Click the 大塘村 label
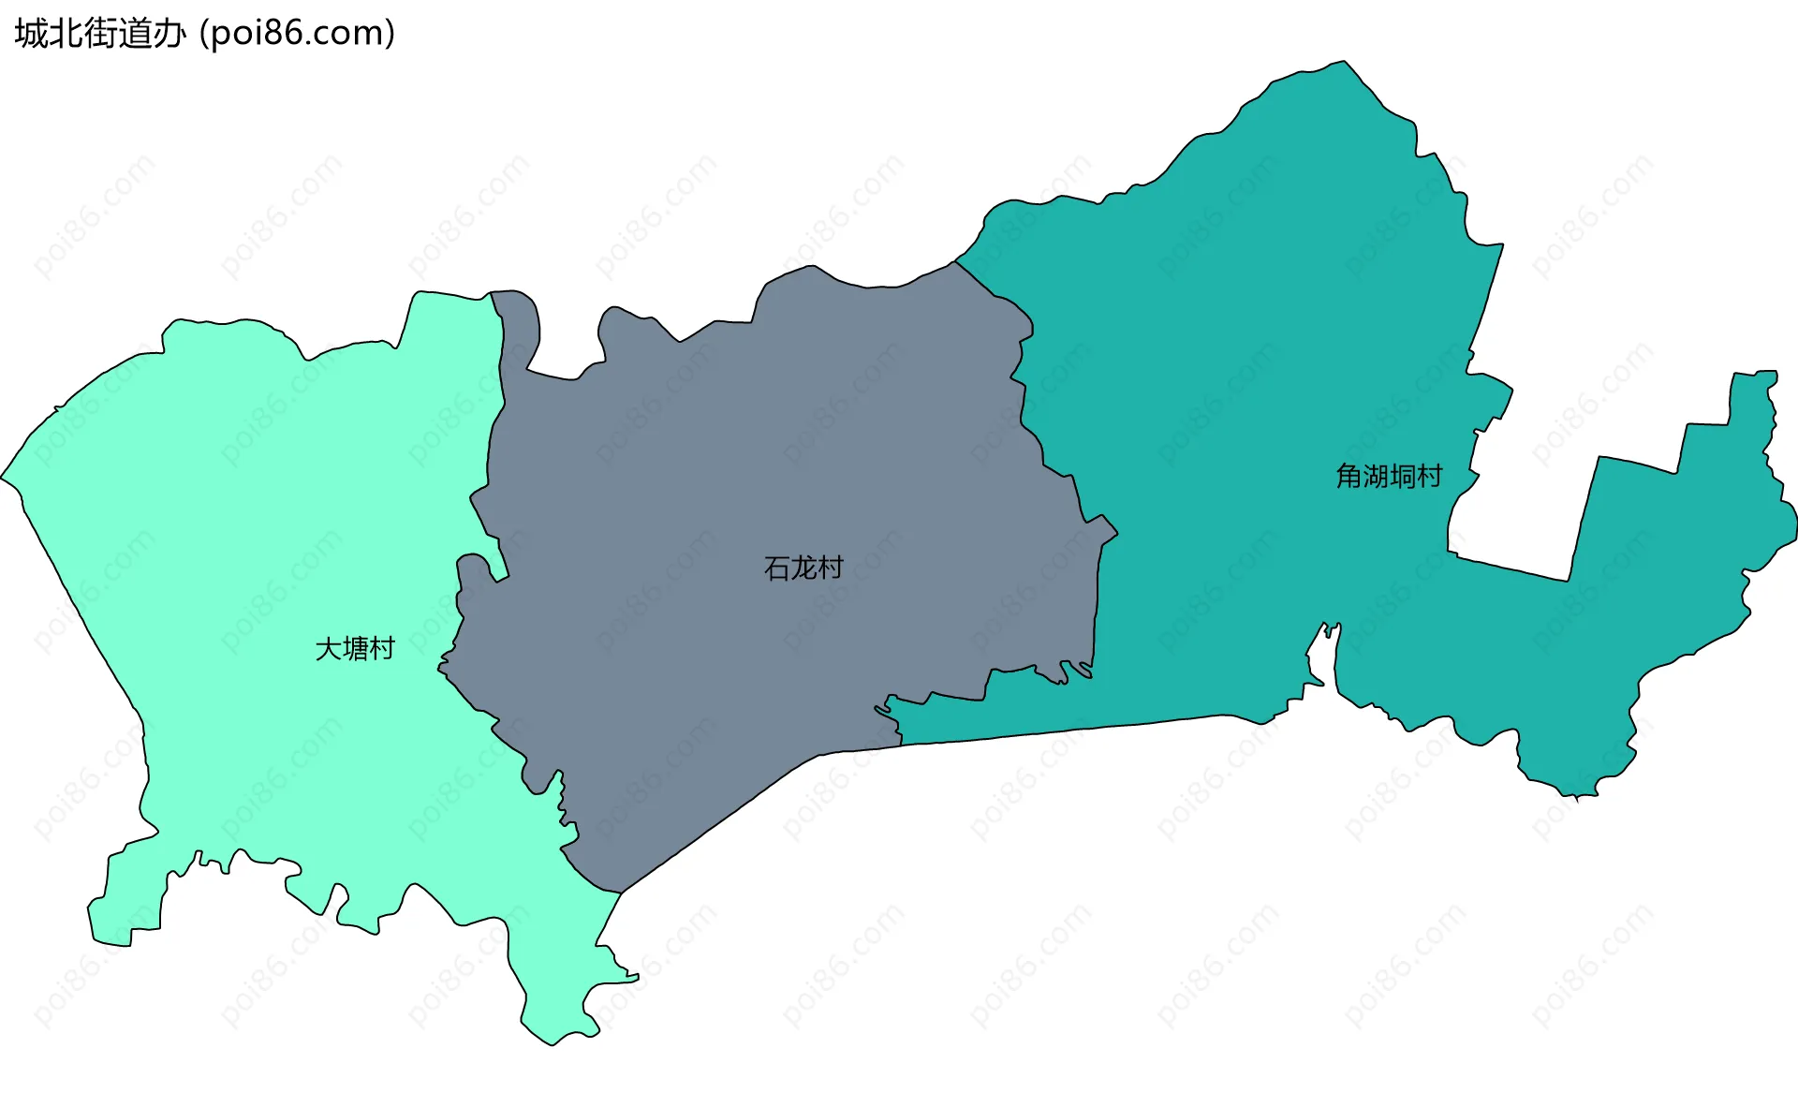pyautogui.click(x=355, y=648)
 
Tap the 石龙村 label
pyautogui.click(x=803, y=568)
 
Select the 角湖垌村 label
pyautogui.click(x=1389, y=476)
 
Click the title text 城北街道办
pyautogui.click(x=100, y=34)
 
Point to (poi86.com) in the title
pyautogui.click(x=298, y=34)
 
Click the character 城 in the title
pyautogui.click(x=31, y=34)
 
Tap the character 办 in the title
pyautogui.click(x=169, y=34)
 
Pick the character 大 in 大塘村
pyautogui.click(x=329, y=648)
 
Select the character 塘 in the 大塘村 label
pyautogui.click(x=356, y=648)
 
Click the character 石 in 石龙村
pyautogui.click(x=777, y=568)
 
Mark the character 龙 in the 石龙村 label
pyautogui.click(x=803, y=568)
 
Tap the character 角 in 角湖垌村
pyautogui.click(x=1348, y=476)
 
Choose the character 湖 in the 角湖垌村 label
pyautogui.click(x=1376, y=476)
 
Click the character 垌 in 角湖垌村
pyautogui.click(x=1403, y=476)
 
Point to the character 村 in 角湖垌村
pyautogui.click(x=1430, y=476)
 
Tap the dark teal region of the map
pyautogui.click(x=1264, y=375)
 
